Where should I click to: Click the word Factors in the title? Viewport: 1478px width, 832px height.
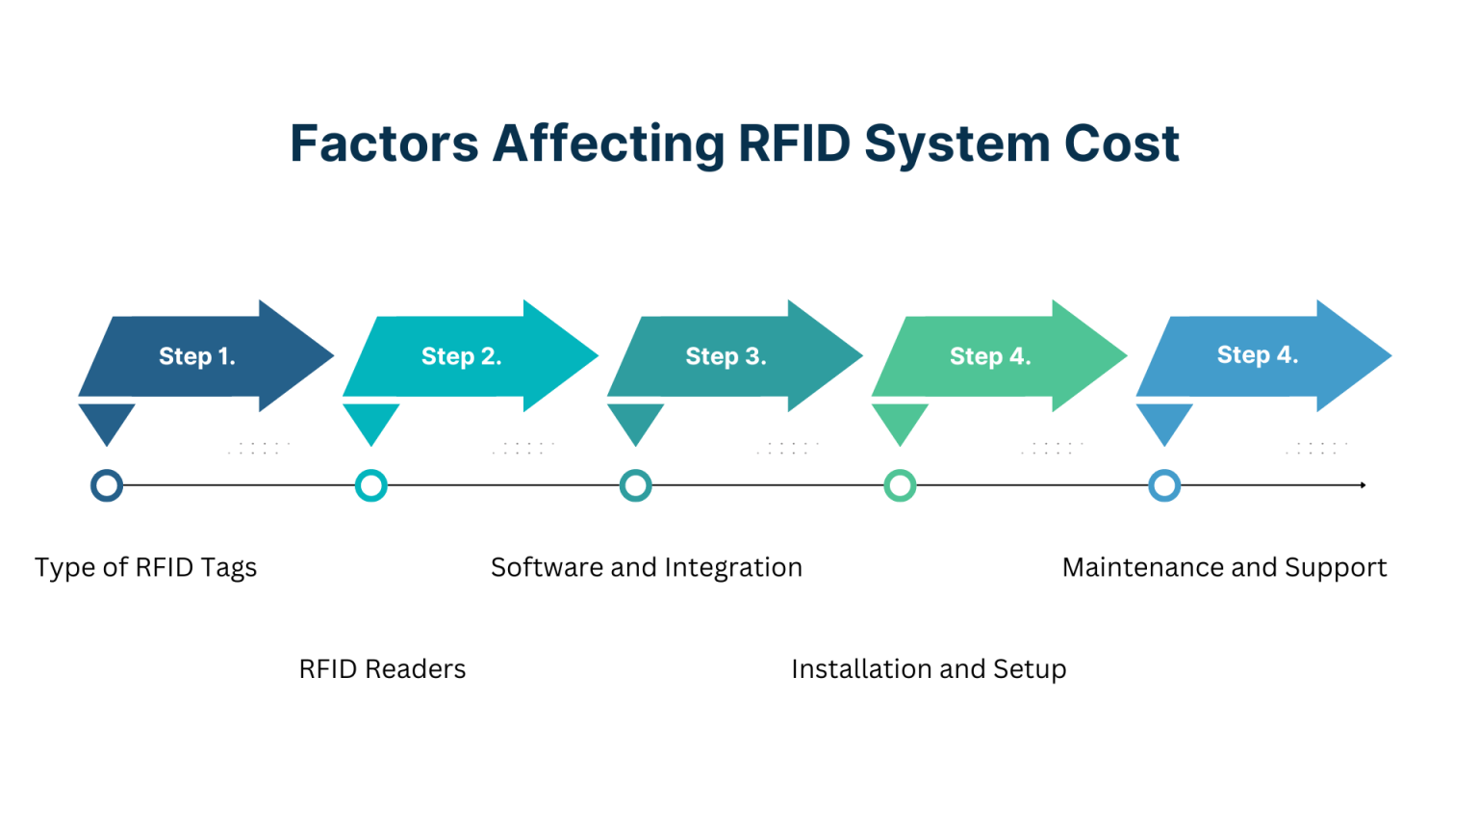click(x=384, y=143)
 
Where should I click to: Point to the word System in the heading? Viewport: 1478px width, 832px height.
click(x=956, y=143)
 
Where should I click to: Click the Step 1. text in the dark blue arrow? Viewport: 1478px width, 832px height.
click(x=197, y=356)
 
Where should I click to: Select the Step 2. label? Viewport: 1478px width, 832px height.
click(x=461, y=356)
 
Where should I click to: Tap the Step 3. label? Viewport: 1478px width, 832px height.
click(x=726, y=356)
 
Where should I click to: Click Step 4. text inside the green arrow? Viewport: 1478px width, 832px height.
click(x=990, y=356)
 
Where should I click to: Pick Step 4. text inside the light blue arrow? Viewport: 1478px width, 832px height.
click(x=1257, y=354)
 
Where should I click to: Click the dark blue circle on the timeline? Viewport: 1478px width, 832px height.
click(x=107, y=485)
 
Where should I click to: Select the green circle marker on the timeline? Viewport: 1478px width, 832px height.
click(x=900, y=485)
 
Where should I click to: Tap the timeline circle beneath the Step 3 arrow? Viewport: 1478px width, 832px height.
click(x=635, y=485)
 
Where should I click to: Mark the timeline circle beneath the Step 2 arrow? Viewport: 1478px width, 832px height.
click(x=371, y=485)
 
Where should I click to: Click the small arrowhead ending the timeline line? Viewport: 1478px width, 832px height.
click(x=1363, y=485)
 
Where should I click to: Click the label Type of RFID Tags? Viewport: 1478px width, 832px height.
click(x=146, y=567)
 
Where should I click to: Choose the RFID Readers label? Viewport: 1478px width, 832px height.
click(x=382, y=669)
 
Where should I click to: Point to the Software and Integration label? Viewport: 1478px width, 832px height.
click(x=647, y=567)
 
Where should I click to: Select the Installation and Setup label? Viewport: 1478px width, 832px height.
click(x=929, y=669)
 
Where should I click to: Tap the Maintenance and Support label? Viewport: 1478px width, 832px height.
click(x=1224, y=567)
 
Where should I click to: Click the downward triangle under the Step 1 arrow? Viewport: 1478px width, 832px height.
click(x=107, y=421)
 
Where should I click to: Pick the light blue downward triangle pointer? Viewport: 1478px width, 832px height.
click(x=1164, y=421)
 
